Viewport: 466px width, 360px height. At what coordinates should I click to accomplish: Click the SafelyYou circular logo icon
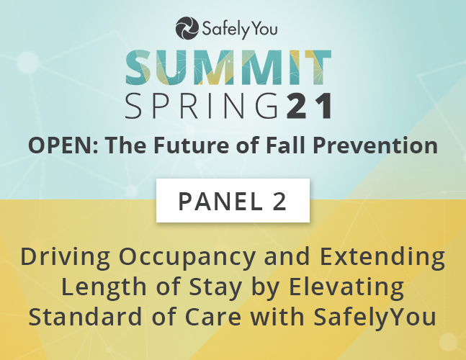click(x=187, y=28)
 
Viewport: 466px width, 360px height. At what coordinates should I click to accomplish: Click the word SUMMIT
click(x=228, y=68)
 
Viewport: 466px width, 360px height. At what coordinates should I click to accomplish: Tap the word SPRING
click(x=202, y=106)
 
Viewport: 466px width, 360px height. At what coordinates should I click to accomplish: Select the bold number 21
click(x=309, y=106)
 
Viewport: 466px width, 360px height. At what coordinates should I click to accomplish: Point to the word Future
click(x=192, y=145)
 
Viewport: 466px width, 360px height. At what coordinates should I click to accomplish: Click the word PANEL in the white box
click(x=220, y=202)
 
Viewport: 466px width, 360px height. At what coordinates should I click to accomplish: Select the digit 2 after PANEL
click(x=279, y=202)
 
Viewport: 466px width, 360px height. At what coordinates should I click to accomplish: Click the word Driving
click(x=65, y=257)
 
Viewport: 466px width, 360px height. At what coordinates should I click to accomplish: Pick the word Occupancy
click(x=187, y=258)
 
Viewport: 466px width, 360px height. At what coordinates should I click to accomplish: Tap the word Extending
click(x=382, y=257)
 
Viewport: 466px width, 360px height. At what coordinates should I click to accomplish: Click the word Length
click(x=104, y=287)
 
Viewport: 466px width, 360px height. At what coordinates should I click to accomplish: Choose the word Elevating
click(x=346, y=287)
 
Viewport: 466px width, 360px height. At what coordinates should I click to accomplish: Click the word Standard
click(x=85, y=317)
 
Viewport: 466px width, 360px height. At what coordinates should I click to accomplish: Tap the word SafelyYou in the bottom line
click(x=375, y=318)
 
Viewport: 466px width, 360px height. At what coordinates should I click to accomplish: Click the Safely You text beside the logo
click(x=240, y=29)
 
